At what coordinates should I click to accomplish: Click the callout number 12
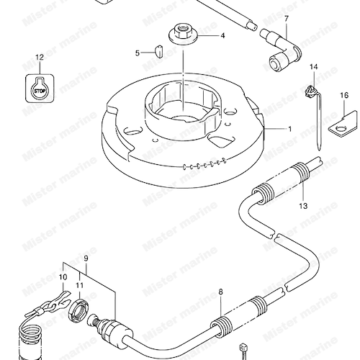pyautogui.click(x=40, y=57)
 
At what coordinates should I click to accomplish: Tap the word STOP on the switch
pyautogui.click(x=40, y=91)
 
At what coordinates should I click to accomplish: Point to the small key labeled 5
pyautogui.click(x=158, y=50)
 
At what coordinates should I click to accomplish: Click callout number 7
pyautogui.click(x=287, y=18)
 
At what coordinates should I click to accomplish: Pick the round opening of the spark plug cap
pyautogui.click(x=275, y=63)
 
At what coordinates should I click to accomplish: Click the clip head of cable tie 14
pyautogui.click(x=310, y=91)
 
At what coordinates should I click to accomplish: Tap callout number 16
pyautogui.click(x=344, y=95)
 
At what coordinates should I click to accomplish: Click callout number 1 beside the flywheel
pyautogui.click(x=290, y=129)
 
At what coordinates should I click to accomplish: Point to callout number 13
pyautogui.click(x=303, y=206)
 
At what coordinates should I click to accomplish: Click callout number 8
pyautogui.click(x=220, y=292)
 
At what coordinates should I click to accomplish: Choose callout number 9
pyautogui.click(x=86, y=258)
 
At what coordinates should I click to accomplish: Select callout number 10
pyautogui.click(x=63, y=277)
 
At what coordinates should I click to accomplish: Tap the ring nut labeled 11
pyautogui.click(x=78, y=307)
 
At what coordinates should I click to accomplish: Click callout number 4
pyautogui.click(x=222, y=36)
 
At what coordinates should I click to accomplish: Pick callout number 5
pyautogui.click(x=138, y=53)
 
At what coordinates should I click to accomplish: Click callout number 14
pyautogui.click(x=313, y=67)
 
